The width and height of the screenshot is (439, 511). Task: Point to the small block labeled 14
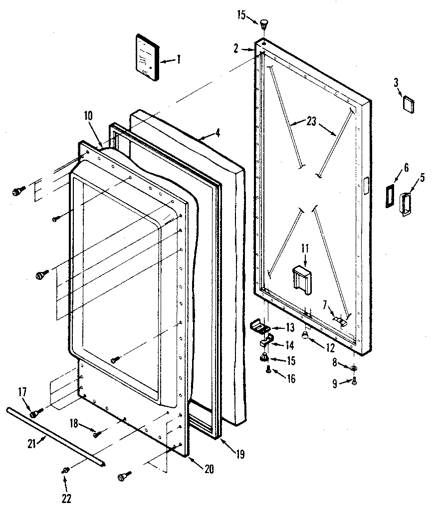(266, 341)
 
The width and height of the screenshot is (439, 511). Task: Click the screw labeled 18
(96, 434)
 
